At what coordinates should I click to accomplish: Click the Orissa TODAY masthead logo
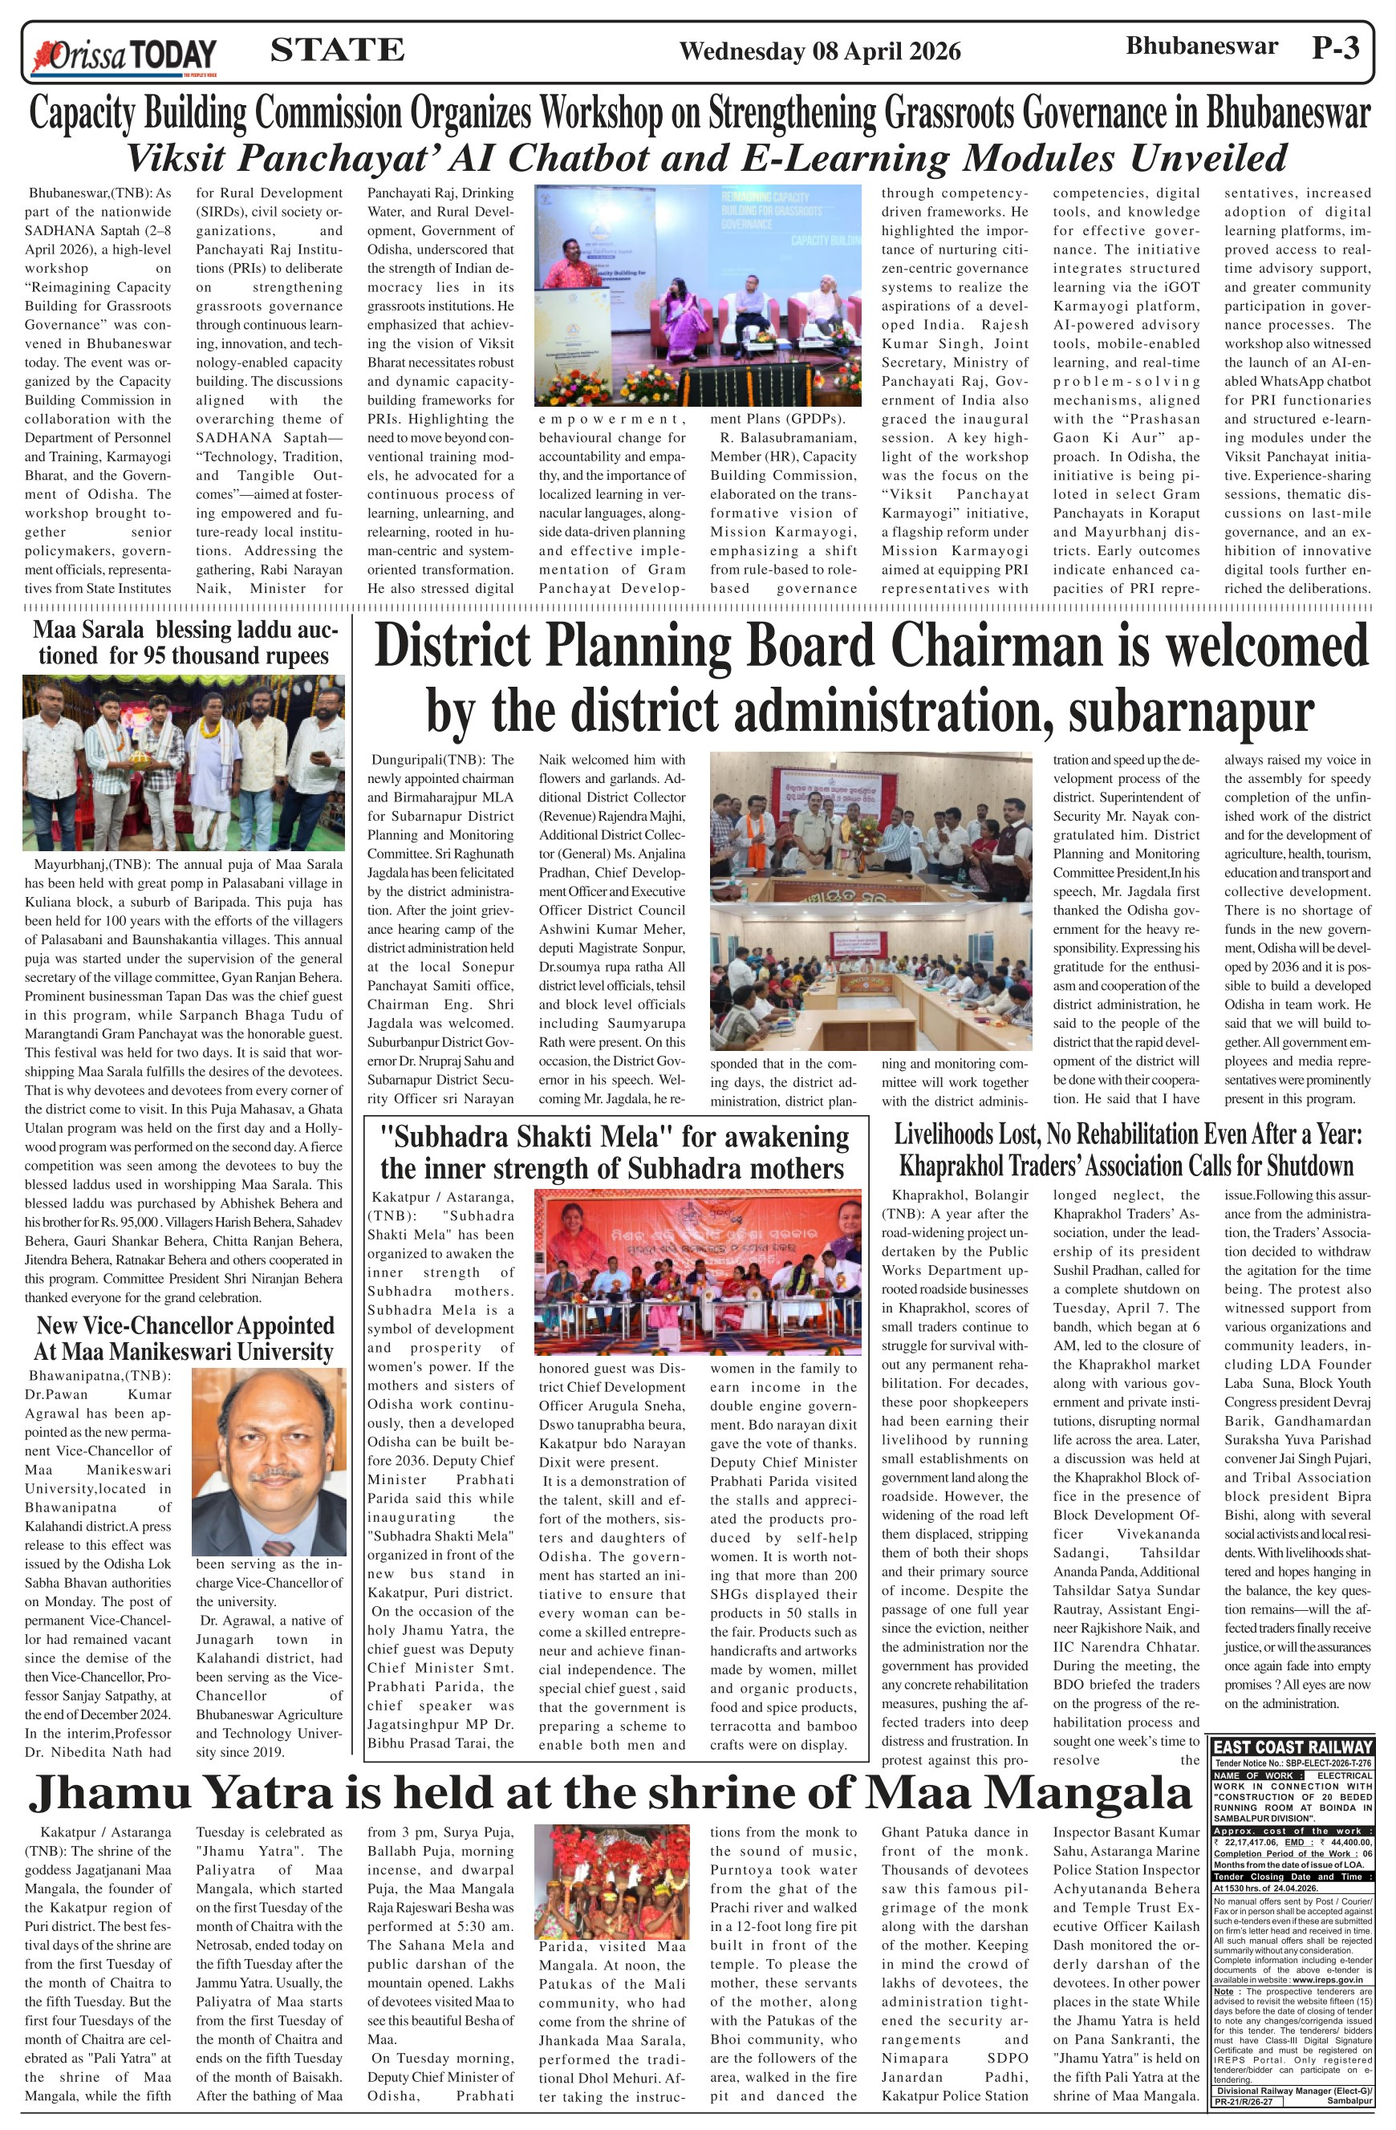[124, 55]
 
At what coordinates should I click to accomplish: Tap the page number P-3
[1335, 48]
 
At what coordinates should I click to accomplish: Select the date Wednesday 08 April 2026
[820, 52]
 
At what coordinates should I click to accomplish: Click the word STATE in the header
[336, 50]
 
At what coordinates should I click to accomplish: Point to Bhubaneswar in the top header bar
[1201, 47]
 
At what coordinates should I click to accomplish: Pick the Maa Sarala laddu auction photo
[184, 762]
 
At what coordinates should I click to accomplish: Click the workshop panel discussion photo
[697, 295]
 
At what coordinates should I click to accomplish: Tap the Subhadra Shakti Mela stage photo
[697, 1272]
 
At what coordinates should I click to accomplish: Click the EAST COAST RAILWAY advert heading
[1293, 1746]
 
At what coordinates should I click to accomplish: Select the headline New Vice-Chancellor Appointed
[185, 1326]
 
